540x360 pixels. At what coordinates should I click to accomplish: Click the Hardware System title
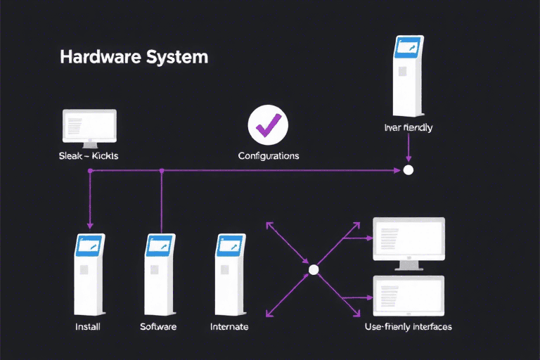click(x=134, y=57)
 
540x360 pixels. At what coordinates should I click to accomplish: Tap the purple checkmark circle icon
click(x=269, y=126)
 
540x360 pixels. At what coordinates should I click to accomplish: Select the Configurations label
click(x=269, y=155)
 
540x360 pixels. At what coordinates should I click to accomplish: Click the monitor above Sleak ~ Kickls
click(x=89, y=127)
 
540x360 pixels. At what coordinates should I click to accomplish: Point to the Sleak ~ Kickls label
click(x=89, y=155)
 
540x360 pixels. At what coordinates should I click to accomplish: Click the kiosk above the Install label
click(x=89, y=274)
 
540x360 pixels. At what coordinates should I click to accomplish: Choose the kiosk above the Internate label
click(x=229, y=274)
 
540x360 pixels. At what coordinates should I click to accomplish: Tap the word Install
click(x=89, y=327)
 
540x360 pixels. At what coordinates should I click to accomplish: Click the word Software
click(x=158, y=327)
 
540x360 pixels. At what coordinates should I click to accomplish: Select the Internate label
click(x=229, y=327)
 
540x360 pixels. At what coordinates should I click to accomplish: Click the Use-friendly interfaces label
click(x=409, y=327)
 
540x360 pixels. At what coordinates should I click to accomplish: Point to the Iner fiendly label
click(x=409, y=128)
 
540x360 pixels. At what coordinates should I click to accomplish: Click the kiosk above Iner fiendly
click(x=409, y=77)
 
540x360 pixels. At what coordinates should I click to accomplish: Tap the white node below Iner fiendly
click(x=408, y=170)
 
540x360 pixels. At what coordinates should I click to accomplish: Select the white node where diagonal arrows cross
click(x=314, y=269)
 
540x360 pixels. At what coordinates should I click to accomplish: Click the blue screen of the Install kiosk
click(x=89, y=245)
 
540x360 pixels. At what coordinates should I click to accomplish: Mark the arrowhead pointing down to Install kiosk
click(x=89, y=224)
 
